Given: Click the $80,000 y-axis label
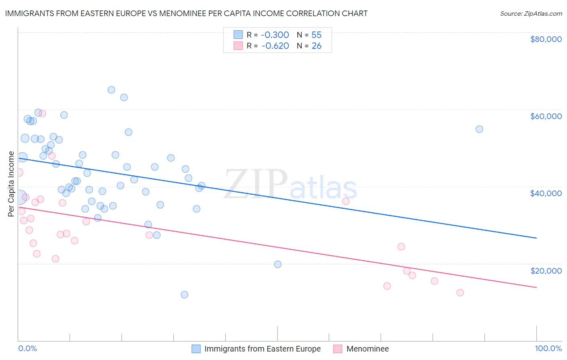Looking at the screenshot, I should pyautogui.click(x=546, y=39).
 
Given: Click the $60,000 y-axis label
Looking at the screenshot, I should pyautogui.click(x=546, y=116).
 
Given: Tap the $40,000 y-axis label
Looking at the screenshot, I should pyautogui.click(x=546, y=193).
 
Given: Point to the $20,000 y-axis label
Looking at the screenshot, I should pyautogui.click(x=546, y=271).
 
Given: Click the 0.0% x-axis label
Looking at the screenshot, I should pyautogui.click(x=27, y=349).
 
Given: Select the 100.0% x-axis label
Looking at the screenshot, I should pyautogui.click(x=548, y=349).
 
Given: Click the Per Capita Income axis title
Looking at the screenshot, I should pyautogui.click(x=11, y=184).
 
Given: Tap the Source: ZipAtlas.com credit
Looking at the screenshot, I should pyautogui.click(x=531, y=14).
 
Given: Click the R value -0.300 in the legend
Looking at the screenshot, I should pyautogui.click(x=275, y=35).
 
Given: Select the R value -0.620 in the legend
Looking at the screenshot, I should pyautogui.click(x=275, y=46).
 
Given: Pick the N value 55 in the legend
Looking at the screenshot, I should pyautogui.click(x=317, y=35).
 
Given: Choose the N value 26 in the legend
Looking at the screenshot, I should pyautogui.click(x=317, y=46).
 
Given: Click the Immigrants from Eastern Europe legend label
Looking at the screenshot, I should pyautogui.click(x=262, y=349).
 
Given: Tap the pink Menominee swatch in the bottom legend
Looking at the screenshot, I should pyautogui.click(x=338, y=349).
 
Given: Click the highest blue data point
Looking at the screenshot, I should pyautogui.click(x=111, y=90).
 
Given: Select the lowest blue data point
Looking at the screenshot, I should pyautogui.click(x=184, y=295).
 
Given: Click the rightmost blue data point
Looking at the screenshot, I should pyautogui.click(x=479, y=129).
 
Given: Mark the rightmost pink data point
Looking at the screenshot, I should pyautogui.click(x=460, y=293).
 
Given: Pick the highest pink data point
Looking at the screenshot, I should pyautogui.click(x=42, y=113).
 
